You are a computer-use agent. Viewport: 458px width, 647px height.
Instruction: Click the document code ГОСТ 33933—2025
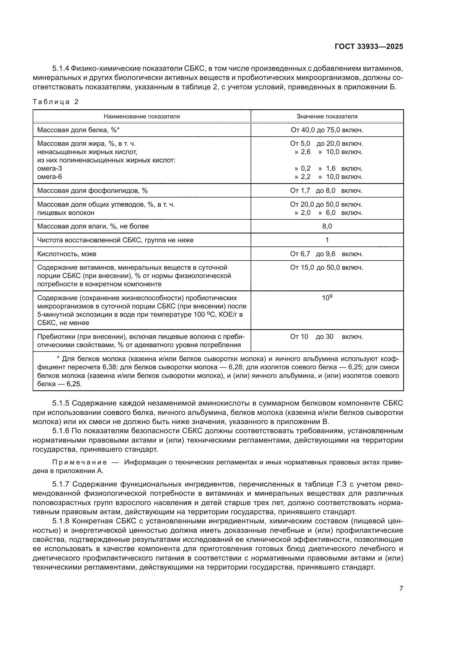369,46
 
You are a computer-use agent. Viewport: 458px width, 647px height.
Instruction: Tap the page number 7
401,588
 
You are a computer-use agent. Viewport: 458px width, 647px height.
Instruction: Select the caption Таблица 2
55,102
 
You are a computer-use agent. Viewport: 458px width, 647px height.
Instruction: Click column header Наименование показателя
141,116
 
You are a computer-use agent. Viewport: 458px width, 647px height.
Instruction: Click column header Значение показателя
327,116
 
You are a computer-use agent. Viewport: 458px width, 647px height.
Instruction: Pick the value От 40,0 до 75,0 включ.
327,130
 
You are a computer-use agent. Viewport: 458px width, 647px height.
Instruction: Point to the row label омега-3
50,168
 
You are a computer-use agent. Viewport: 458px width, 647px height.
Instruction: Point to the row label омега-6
50,177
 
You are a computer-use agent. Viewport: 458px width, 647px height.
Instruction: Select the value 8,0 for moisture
327,226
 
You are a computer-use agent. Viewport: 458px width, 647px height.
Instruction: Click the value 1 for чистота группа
327,240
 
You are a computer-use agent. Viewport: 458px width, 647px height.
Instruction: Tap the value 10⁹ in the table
327,298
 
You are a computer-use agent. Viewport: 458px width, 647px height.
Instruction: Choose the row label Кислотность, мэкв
66,254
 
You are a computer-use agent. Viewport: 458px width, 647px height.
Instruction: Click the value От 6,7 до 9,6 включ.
326,254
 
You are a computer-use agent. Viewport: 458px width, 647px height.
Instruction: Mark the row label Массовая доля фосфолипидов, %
92,191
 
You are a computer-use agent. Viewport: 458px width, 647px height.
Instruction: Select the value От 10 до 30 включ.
326,336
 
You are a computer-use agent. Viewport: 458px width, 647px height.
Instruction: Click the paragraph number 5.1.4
60,69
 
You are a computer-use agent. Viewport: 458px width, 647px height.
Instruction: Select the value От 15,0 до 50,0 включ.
326,267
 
